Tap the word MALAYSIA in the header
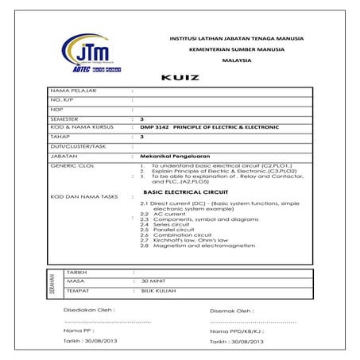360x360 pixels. coord(236,60)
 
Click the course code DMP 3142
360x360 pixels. coord(153,127)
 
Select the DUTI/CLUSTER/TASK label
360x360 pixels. coord(77,146)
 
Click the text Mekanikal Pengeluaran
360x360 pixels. coord(170,157)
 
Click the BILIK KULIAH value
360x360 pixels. coord(156,292)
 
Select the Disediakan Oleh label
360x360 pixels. coord(89,309)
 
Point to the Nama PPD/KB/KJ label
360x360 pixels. coord(236,330)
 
